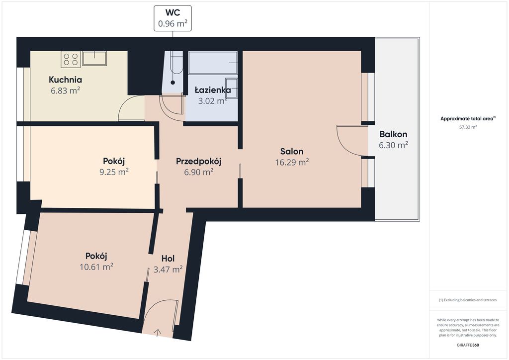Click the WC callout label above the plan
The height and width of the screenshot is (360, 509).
coord(172,18)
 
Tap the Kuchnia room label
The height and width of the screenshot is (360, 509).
coord(65,80)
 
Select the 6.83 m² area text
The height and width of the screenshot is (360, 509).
coord(65,90)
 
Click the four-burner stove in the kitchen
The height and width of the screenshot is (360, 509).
coord(71,59)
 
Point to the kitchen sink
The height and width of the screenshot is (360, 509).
coord(94,58)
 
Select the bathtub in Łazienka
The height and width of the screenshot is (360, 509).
coord(213,63)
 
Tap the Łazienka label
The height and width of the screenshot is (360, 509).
coord(213,90)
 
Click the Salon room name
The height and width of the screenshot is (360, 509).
coord(292,151)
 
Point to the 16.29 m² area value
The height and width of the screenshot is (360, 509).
coord(292,162)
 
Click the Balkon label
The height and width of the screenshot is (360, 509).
coord(394,134)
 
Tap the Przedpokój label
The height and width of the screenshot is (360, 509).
coord(199,161)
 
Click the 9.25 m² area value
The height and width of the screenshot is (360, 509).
coord(114,172)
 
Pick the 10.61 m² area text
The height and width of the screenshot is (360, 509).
coord(96,267)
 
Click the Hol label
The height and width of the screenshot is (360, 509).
coord(168,259)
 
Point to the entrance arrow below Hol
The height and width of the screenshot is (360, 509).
coord(158,333)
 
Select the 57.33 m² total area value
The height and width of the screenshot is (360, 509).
coord(468,127)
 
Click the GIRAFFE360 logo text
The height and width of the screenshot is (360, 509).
coord(468,345)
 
